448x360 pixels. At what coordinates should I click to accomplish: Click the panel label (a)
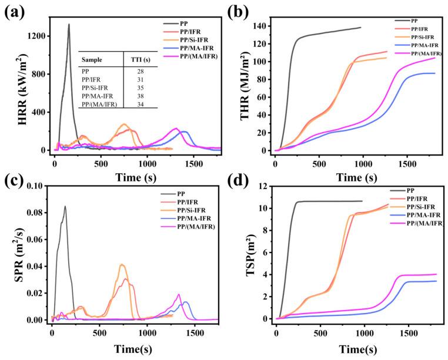point(14,13)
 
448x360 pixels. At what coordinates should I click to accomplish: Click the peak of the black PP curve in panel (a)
point(69,25)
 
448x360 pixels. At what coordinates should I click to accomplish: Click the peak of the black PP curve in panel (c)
point(65,206)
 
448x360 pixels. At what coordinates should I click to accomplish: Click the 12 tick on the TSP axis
point(265,186)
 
